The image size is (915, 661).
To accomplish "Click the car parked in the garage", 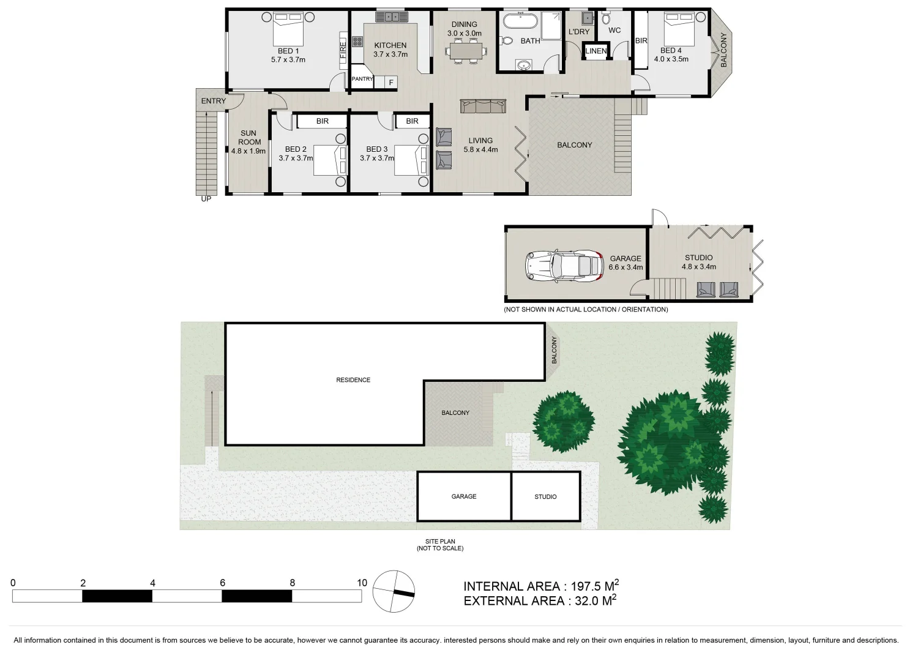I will (564, 266).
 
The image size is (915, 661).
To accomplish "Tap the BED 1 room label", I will (288, 51).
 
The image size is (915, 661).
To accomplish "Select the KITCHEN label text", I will (390, 45).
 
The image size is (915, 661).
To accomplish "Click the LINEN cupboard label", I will (596, 51).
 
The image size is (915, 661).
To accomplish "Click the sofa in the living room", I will (484, 107).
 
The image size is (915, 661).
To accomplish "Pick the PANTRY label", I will (362, 79).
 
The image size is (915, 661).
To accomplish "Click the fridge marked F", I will (390, 82).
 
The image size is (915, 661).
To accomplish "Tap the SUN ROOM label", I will (248, 138).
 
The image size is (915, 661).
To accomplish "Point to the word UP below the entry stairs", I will (206, 199).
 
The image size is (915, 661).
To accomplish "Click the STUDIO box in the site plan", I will (545, 496).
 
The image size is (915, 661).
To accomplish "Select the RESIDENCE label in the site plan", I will (353, 380).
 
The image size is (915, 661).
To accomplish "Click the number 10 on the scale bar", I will (362, 583).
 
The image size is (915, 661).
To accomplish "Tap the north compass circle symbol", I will (394, 591).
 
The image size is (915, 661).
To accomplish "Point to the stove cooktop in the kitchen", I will (358, 43).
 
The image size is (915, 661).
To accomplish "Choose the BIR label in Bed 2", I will (323, 121).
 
